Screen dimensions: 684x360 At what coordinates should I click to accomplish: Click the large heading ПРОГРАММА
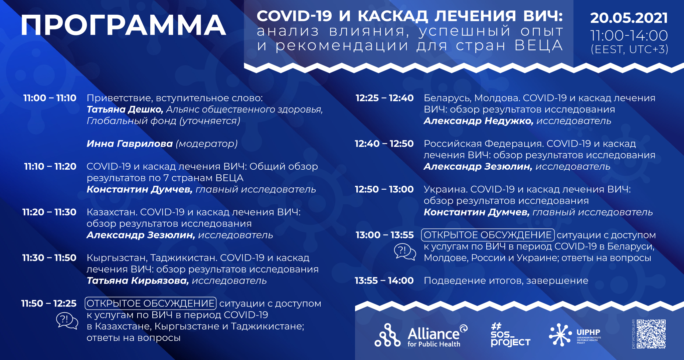[x=123, y=25]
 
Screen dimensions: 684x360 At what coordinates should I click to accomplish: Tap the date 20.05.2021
[x=629, y=18]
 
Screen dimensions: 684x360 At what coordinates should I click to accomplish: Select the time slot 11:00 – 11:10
[x=50, y=98]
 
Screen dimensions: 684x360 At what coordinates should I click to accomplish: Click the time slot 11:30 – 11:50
[x=49, y=257]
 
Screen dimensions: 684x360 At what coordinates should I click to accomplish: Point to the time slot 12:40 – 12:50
[x=384, y=144]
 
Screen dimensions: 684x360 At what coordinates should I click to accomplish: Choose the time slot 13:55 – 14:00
[x=384, y=281]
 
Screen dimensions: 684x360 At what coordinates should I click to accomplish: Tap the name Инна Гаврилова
[x=130, y=144]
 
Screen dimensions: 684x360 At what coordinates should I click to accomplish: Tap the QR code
[x=651, y=334]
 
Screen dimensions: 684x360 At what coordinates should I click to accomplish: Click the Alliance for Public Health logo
[x=421, y=335]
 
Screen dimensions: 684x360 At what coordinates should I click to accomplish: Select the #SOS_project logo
[x=510, y=335]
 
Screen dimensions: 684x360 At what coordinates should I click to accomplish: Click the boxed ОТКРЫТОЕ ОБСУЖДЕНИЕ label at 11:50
[x=151, y=303]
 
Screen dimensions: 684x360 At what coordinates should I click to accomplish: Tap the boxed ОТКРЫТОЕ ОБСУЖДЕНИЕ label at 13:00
[x=488, y=235]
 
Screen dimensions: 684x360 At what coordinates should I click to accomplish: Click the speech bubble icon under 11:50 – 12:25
[x=67, y=321]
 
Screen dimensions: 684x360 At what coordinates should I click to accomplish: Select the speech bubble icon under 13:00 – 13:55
[x=405, y=252]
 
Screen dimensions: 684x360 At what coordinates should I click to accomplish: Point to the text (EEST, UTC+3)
[x=629, y=49]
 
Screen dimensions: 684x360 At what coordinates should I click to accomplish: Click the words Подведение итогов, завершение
[x=506, y=281]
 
